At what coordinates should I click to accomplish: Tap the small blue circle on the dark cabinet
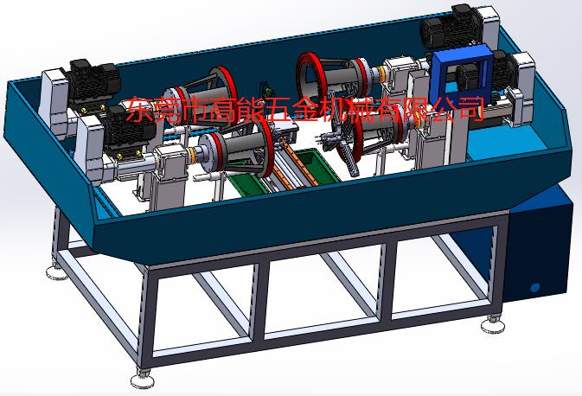(x=534, y=287)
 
